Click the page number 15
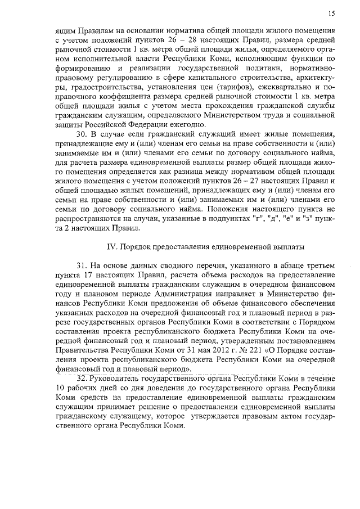[x=332, y=13]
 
